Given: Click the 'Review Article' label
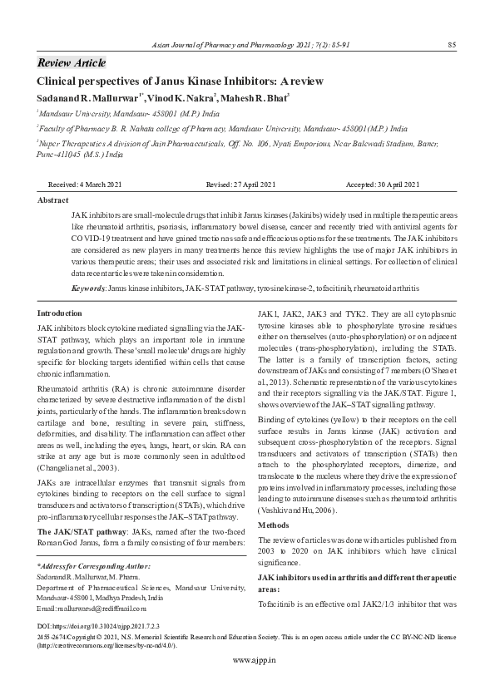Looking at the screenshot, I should coord(72,63).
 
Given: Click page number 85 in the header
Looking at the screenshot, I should coord(451,44).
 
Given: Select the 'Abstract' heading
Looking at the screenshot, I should coord(53,200).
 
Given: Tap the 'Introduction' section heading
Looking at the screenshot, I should coord(61,313).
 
